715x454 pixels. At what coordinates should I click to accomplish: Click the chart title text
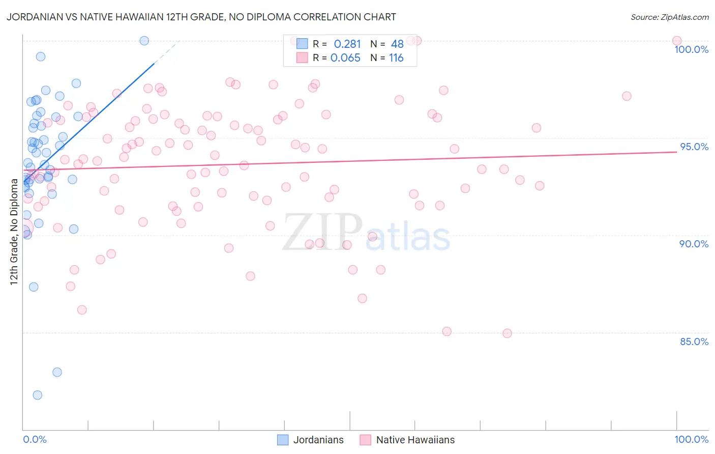point(201,17)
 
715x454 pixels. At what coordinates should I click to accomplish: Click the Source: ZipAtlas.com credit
point(669,17)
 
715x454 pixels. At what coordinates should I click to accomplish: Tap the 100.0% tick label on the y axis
point(691,49)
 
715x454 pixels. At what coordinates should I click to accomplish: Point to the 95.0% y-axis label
point(694,147)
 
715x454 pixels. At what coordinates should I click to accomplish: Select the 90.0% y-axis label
point(694,244)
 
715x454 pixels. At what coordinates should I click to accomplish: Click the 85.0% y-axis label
point(694,342)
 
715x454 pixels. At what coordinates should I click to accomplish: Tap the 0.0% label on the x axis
point(35,439)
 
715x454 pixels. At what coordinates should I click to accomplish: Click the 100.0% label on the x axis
point(691,439)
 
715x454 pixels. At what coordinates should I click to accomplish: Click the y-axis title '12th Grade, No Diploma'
point(14,232)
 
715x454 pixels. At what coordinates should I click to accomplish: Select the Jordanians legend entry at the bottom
point(318,440)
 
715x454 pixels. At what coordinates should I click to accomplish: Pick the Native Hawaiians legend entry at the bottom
point(415,440)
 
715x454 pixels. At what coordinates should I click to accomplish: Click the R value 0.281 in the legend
point(347,44)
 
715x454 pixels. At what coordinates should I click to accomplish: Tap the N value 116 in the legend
point(396,58)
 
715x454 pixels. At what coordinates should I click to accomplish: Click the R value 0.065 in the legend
point(345,58)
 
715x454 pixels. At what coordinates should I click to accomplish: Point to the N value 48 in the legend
point(397,44)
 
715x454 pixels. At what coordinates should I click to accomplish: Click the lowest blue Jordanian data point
point(37,395)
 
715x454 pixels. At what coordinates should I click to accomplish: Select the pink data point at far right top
point(677,41)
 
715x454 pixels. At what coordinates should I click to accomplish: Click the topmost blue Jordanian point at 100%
point(144,41)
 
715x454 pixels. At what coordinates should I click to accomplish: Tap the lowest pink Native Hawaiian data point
point(507,333)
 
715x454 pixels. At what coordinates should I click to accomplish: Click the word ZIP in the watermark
point(322,232)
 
